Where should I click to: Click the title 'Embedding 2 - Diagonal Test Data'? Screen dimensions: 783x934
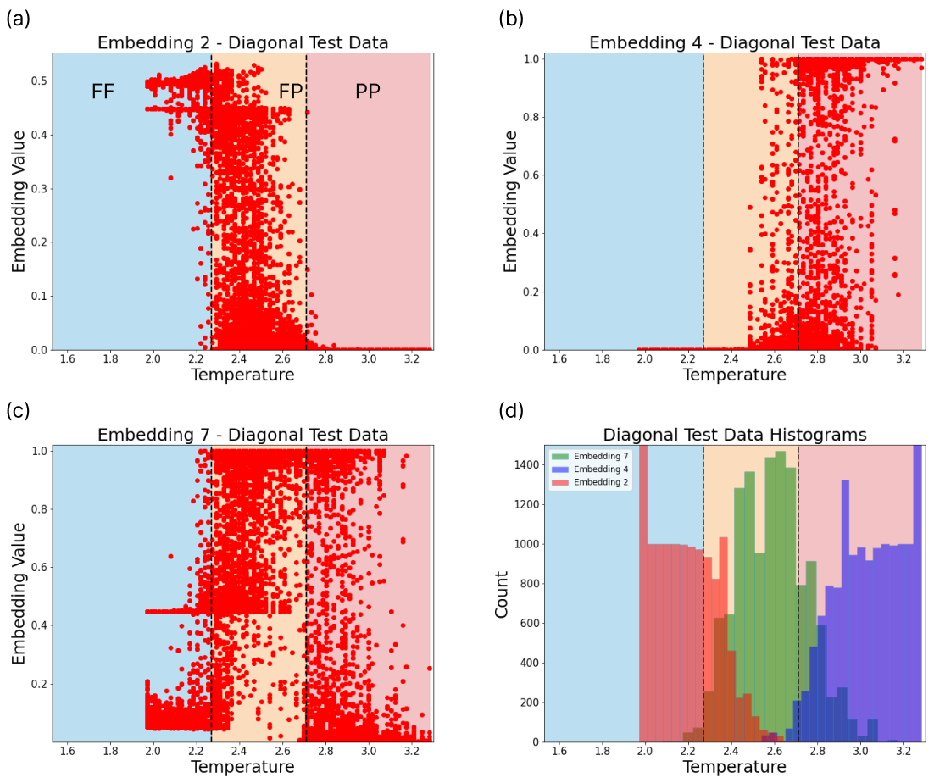pos(242,42)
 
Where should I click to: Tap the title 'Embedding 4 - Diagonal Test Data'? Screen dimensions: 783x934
pos(734,42)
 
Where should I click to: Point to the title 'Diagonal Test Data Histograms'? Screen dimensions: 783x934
pos(734,435)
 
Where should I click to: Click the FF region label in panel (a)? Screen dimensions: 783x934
pos(103,92)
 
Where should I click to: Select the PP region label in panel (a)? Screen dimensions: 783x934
pos(367,92)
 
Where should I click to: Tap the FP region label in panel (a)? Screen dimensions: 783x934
pos(291,92)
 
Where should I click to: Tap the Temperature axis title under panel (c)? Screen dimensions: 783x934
pos(242,767)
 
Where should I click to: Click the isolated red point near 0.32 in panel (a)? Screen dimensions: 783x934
pos(170,178)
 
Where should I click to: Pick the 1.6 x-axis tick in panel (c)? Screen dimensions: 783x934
pos(67,751)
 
